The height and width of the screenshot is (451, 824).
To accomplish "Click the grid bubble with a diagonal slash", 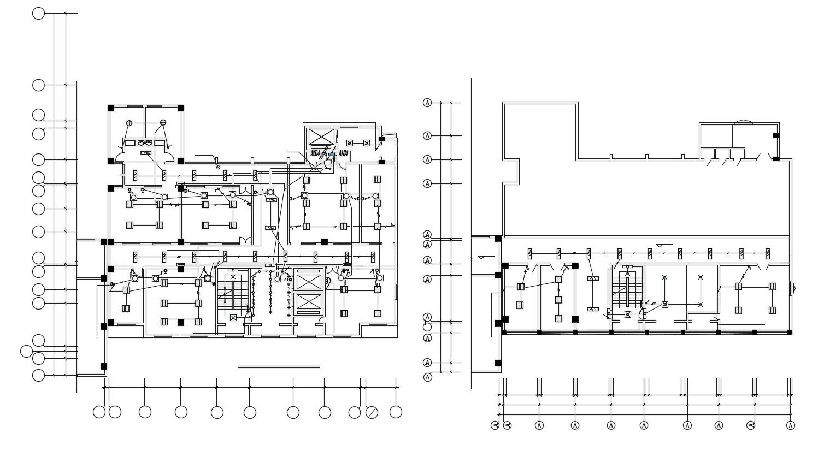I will click(372, 412).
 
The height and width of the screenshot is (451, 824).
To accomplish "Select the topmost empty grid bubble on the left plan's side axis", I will click(38, 14).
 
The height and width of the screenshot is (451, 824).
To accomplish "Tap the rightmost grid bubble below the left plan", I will click(396, 412).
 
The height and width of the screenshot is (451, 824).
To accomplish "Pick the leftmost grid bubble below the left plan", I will click(99, 412).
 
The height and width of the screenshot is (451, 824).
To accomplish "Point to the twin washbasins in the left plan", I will click(145, 143).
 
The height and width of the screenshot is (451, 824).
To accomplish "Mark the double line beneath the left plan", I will click(279, 367).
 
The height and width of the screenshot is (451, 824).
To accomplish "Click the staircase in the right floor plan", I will click(627, 292).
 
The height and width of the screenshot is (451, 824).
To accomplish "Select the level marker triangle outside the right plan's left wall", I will click(481, 257).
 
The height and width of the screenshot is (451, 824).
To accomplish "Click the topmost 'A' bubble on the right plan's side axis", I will click(427, 103).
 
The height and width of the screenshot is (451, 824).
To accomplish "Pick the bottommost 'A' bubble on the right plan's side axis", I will click(427, 377).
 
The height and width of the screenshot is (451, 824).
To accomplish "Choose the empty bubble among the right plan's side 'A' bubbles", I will click(427, 327).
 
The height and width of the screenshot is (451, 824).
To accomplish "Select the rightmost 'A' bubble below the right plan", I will click(791, 425).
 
